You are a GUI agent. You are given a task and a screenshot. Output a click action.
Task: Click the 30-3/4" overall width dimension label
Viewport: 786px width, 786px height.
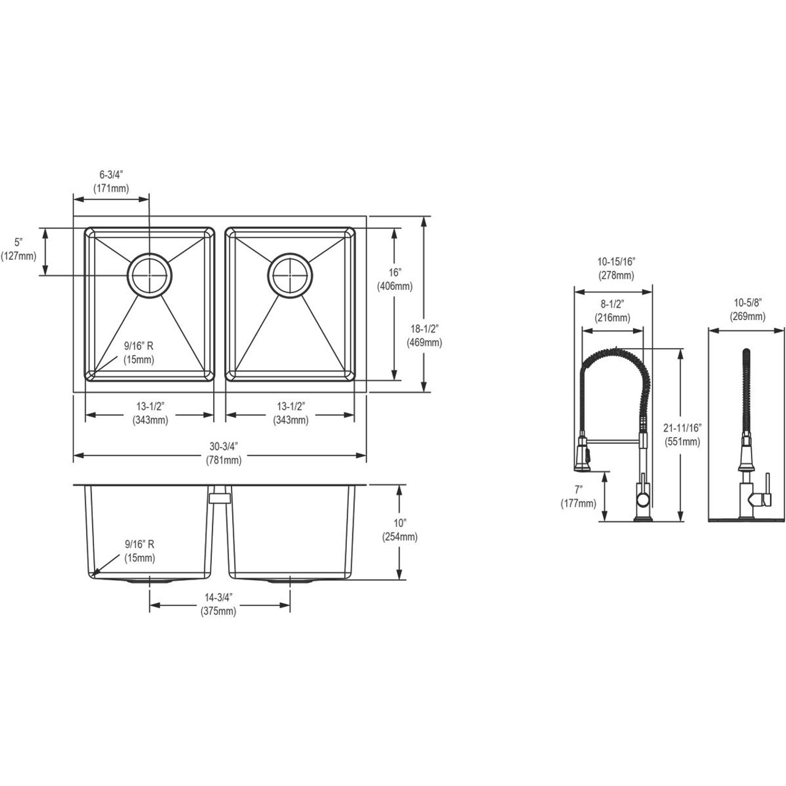(x=224, y=455)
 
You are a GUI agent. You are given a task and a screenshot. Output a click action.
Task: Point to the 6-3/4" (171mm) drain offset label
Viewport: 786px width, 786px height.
(x=111, y=183)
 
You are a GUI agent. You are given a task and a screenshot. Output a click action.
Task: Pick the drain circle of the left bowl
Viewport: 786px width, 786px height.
(x=150, y=275)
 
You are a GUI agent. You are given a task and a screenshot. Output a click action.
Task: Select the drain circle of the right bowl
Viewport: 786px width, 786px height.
(x=290, y=275)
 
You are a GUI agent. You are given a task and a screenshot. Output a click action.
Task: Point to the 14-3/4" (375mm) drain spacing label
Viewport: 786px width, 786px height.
(x=218, y=605)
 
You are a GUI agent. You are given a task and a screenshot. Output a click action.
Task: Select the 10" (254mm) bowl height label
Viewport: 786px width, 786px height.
(x=400, y=531)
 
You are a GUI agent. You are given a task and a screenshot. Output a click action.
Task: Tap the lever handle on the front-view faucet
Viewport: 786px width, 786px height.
(x=765, y=500)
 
